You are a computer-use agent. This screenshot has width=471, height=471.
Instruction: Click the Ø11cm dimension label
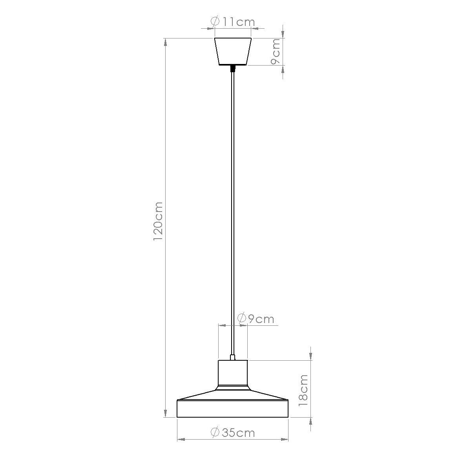point(233,22)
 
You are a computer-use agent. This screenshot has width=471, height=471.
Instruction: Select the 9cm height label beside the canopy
point(276,51)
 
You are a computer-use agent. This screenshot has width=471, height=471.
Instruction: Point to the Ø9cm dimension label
point(256,319)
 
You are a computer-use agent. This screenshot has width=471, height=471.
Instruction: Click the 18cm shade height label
point(303,390)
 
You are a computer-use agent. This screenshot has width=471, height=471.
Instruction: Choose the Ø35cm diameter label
point(233,433)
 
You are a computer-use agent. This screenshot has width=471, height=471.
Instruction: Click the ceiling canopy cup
point(233,51)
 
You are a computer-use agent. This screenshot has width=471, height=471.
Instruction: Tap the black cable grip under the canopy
point(233,69)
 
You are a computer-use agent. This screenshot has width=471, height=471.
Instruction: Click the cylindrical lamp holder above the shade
point(233,372)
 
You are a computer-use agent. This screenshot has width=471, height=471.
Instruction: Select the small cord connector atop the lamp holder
point(233,357)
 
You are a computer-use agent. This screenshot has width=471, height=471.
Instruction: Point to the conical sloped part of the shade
point(233,394)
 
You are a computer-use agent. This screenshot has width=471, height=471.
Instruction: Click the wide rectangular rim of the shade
point(233,409)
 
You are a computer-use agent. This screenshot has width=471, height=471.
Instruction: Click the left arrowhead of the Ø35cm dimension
point(181,440)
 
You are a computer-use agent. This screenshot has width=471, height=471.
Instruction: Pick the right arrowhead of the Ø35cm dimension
point(285,440)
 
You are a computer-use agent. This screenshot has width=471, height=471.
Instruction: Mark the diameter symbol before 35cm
point(215,433)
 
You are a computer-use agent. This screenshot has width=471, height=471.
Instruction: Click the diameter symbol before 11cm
point(215,22)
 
